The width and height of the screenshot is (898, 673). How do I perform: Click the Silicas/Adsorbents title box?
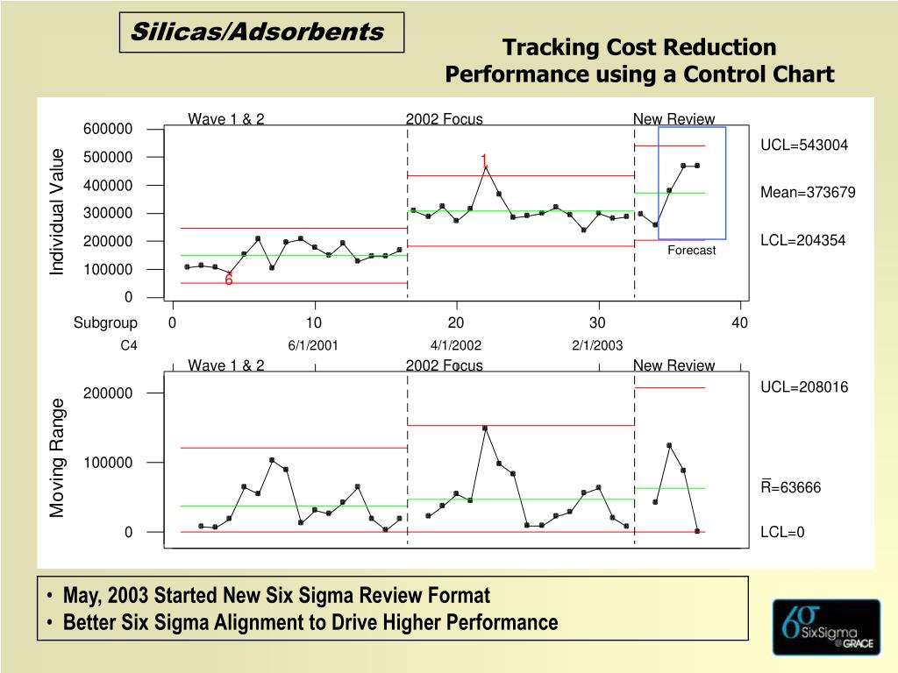tap(261, 32)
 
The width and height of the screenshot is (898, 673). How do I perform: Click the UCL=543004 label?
tap(804, 145)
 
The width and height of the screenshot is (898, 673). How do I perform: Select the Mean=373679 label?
tap(808, 193)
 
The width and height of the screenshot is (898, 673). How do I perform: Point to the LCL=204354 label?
tap(802, 240)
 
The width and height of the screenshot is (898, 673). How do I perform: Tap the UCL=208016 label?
tap(804, 387)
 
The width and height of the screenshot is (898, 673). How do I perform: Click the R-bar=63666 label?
tap(790, 487)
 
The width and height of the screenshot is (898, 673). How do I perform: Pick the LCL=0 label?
tap(782, 532)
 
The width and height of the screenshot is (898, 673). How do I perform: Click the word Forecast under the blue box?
tap(691, 251)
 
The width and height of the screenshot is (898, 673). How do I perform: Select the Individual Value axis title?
tap(58, 212)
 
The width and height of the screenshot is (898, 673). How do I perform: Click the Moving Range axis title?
tap(58, 457)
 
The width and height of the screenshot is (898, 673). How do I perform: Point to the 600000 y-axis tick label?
tap(108, 130)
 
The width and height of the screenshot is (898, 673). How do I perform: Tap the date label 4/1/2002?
tap(456, 346)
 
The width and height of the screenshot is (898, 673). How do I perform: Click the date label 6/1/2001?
tap(313, 346)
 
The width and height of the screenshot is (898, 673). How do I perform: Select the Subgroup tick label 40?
tap(740, 323)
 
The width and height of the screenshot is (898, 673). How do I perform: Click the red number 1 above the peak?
tap(483, 160)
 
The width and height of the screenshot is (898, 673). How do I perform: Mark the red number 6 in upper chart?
tap(228, 280)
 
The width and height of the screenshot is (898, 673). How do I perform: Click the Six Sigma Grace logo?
tap(826, 627)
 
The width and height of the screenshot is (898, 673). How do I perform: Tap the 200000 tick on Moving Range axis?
tap(108, 393)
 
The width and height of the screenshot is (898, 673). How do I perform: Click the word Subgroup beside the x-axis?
tap(105, 323)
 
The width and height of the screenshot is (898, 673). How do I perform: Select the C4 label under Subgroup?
tap(129, 346)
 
